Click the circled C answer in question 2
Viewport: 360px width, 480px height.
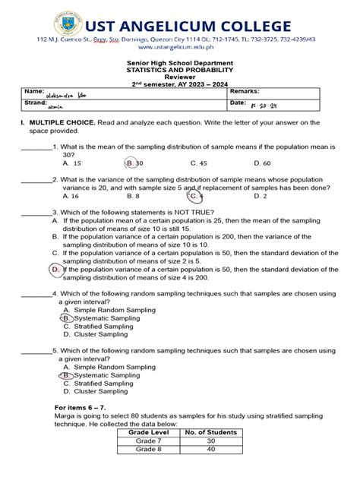pos(195,196)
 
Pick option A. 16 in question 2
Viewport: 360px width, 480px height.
pos(71,196)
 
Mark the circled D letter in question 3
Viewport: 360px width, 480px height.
pos(55,269)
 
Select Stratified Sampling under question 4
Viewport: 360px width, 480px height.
pos(95,327)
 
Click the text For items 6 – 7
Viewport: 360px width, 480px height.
pos(81,409)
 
